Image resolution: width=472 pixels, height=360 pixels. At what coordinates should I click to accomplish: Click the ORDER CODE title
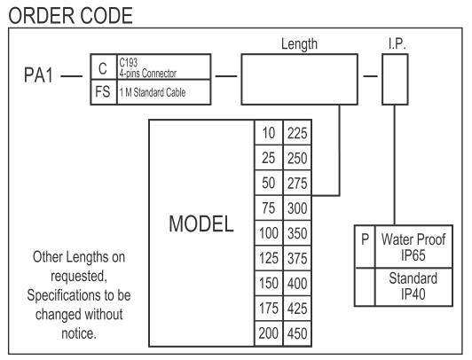[x=70, y=16]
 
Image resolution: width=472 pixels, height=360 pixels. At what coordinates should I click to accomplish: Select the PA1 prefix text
[x=38, y=74]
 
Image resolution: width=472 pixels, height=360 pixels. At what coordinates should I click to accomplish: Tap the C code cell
[x=103, y=67]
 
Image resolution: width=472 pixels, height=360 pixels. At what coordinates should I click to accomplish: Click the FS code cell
[x=103, y=92]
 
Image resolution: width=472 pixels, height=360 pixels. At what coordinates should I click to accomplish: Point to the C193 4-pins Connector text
[x=147, y=68]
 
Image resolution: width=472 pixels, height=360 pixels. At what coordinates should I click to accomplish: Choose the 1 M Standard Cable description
[x=153, y=92]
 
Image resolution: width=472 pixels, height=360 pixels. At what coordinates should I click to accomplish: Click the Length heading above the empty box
[x=299, y=44]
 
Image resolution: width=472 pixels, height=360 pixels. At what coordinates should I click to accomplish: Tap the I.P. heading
[x=397, y=44]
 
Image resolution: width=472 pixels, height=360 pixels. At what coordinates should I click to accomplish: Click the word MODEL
[x=201, y=223]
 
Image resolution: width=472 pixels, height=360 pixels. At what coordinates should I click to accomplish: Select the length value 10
[x=269, y=133]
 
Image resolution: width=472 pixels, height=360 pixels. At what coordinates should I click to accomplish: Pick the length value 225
[x=297, y=133]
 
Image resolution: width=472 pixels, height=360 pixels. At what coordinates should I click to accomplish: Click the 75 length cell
[x=269, y=207]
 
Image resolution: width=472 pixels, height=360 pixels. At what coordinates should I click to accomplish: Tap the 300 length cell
[x=297, y=207]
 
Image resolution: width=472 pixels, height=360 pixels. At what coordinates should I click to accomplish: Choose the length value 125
[x=269, y=258]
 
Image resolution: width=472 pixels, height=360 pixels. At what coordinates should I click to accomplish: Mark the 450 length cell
[x=297, y=333]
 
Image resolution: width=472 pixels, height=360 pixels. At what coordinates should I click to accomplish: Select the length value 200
[x=269, y=333]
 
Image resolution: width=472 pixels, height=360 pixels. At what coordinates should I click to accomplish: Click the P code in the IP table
[x=365, y=239]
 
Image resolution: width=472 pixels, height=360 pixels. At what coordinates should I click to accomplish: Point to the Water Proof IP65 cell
[x=413, y=247]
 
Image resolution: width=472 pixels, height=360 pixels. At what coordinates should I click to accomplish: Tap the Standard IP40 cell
[x=413, y=286]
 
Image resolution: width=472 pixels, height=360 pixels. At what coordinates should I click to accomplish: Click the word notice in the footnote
[x=79, y=333]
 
